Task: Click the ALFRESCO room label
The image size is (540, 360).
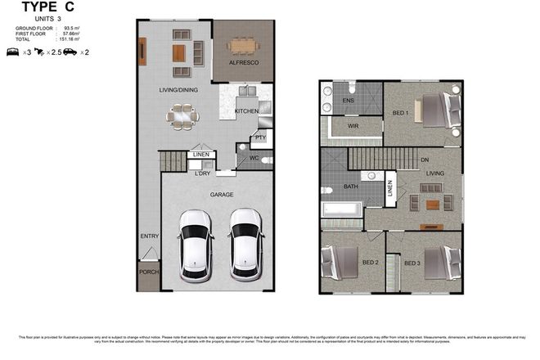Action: [x=243, y=62]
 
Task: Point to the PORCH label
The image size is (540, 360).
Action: [x=148, y=273]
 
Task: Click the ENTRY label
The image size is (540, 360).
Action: [x=150, y=236]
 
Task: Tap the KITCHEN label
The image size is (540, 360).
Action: [x=246, y=111]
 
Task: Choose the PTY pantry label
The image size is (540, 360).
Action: [x=259, y=137]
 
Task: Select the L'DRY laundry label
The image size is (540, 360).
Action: [x=202, y=172]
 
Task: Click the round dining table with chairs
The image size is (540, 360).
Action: [x=182, y=117]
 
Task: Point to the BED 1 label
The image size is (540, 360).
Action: [x=401, y=112]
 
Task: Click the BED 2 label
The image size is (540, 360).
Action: [x=369, y=263]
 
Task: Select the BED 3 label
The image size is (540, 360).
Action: [x=412, y=263]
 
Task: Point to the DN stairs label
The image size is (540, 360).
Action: [x=424, y=160]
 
